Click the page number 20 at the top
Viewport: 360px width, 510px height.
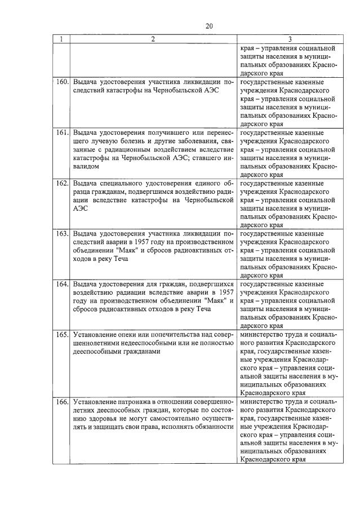[209, 26]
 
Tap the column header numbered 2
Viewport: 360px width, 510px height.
[152, 39]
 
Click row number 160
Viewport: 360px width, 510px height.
[61, 83]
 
